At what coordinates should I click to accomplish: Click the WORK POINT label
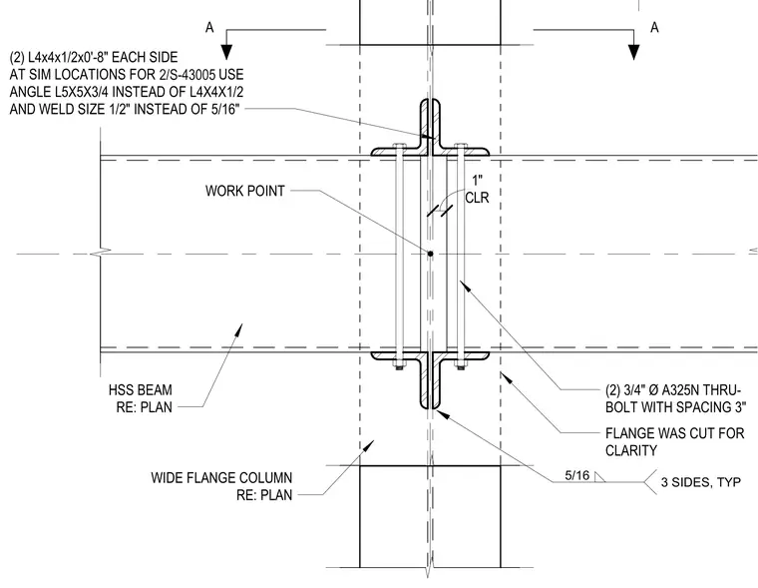click(244, 191)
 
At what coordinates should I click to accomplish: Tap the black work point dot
click(430, 254)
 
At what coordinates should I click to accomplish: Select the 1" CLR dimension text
click(477, 190)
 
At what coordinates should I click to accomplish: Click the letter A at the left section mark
click(209, 28)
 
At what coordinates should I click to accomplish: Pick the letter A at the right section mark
click(654, 27)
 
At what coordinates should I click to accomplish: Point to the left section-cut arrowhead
click(226, 52)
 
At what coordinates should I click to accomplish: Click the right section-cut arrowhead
click(633, 52)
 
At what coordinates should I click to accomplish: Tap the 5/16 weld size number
click(577, 476)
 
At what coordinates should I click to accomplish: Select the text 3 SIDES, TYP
click(701, 482)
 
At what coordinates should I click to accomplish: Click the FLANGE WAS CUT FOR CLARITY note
click(675, 442)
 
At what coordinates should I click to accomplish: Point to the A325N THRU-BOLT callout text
click(676, 398)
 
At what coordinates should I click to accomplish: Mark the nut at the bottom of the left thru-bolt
click(399, 365)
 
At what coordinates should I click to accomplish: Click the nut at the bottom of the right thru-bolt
click(461, 365)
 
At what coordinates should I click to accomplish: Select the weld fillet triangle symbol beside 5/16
click(599, 477)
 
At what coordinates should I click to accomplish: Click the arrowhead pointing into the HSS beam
click(237, 330)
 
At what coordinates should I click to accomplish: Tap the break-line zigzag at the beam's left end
click(103, 252)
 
